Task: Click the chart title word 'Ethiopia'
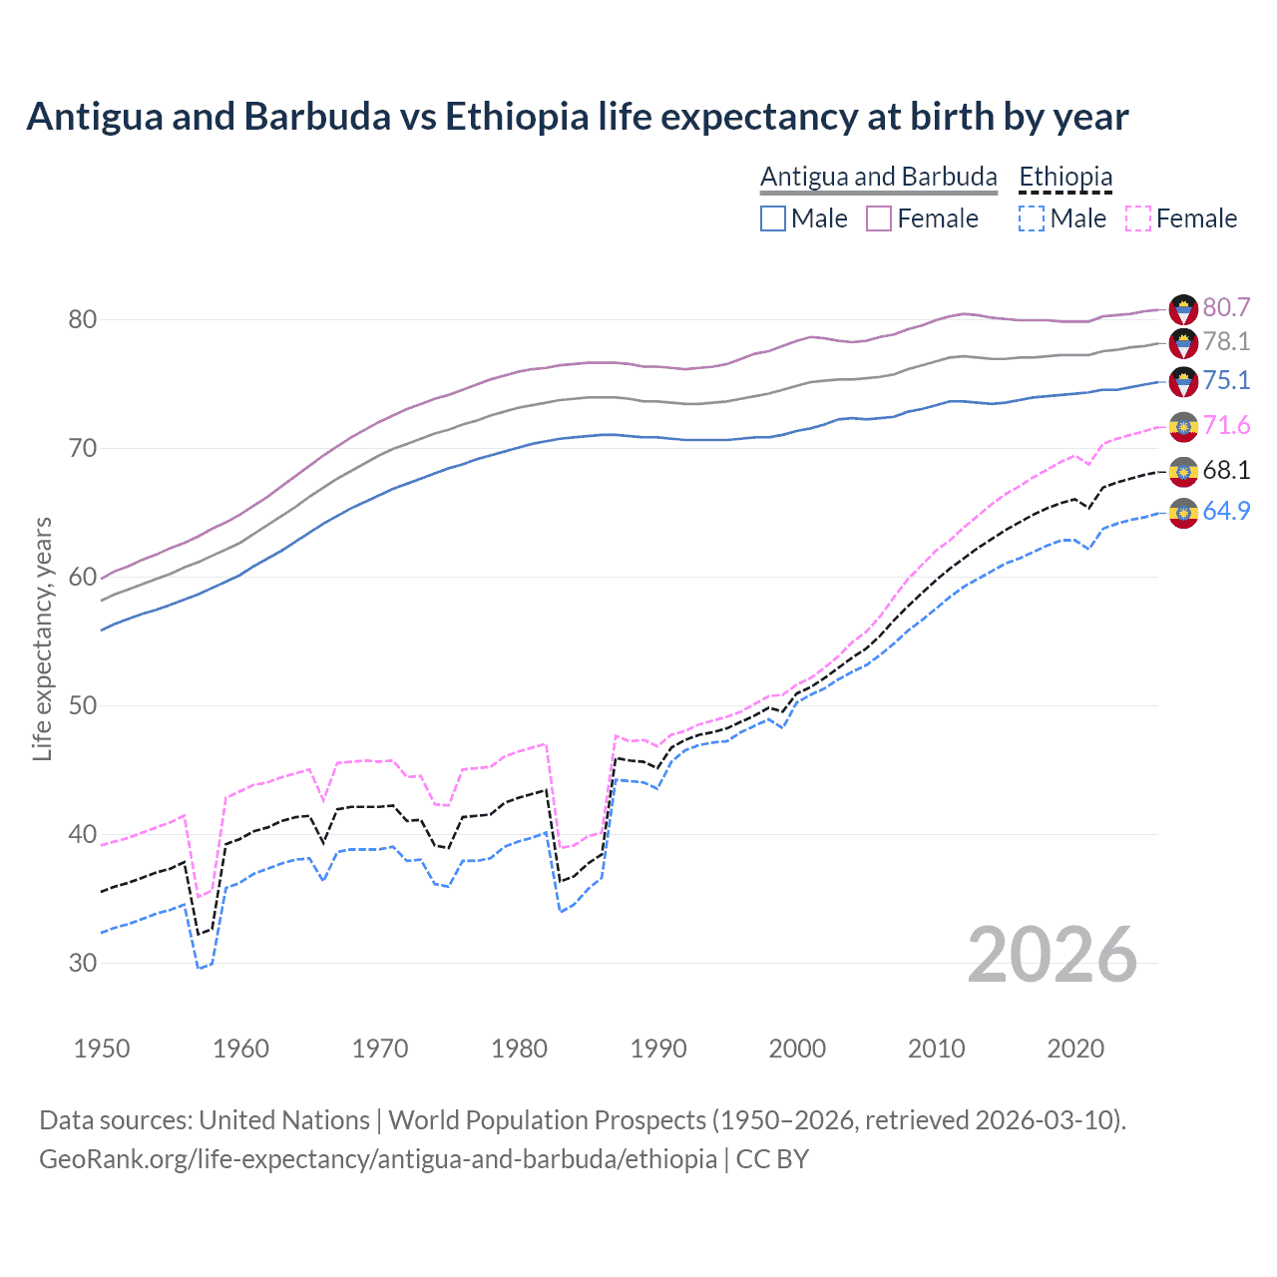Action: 517,117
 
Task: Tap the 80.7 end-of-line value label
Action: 1226,307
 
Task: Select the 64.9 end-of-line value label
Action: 1226,511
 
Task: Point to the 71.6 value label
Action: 1226,426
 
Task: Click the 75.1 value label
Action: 1226,380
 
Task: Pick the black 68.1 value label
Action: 1226,470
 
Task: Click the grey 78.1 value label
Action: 1226,342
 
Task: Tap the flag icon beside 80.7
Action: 1183,308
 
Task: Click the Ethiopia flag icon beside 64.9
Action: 1183,513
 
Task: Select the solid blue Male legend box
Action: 773,218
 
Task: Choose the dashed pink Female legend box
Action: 1138,218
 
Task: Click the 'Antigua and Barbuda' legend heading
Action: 878,177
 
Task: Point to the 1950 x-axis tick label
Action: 102,1049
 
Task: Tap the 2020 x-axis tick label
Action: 1075,1049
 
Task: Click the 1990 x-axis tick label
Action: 658,1049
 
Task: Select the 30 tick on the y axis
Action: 83,963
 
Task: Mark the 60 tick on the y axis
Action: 83,577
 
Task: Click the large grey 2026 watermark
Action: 1053,955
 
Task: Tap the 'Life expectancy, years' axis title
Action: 43,638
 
